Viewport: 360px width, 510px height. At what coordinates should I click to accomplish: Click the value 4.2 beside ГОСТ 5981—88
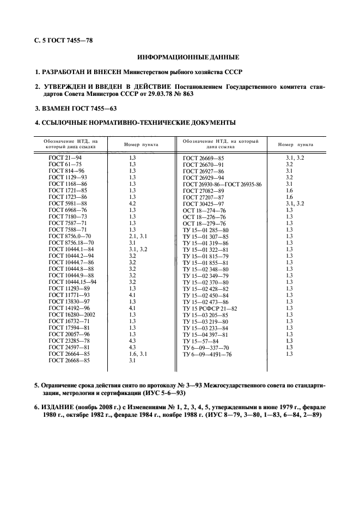click(x=132, y=203)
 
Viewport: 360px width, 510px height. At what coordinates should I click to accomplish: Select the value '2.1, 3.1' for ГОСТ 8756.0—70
click(x=137, y=236)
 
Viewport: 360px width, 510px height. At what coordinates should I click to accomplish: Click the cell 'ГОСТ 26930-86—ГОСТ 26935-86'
click(x=222, y=184)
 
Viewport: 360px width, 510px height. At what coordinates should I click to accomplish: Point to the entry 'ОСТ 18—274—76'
click(x=204, y=210)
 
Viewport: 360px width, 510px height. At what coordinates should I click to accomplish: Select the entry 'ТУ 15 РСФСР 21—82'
click(x=210, y=308)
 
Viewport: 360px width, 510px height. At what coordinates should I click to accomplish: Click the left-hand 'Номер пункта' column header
click(x=141, y=145)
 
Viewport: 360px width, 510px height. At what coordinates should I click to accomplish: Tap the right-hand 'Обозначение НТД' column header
click(x=221, y=144)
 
